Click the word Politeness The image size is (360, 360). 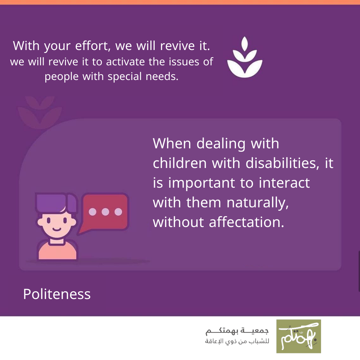[x=57, y=294]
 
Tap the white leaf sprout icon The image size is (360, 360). [x=245, y=57]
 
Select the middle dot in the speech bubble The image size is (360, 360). [x=105, y=212]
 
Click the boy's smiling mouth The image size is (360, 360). [x=57, y=229]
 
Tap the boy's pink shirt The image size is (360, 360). [x=57, y=251]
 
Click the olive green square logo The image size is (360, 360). [x=298, y=336]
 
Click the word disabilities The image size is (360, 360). [x=282, y=163]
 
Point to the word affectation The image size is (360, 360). [x=247, y=222]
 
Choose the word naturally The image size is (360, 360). [x=258, y=203]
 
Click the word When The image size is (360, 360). [x=172, y=143]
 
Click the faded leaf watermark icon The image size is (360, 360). [x=40, y=112]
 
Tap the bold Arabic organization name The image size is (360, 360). [x=237, y=331]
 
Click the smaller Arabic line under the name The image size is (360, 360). [x=237, y=341]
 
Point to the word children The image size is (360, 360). [x=180, y=163]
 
